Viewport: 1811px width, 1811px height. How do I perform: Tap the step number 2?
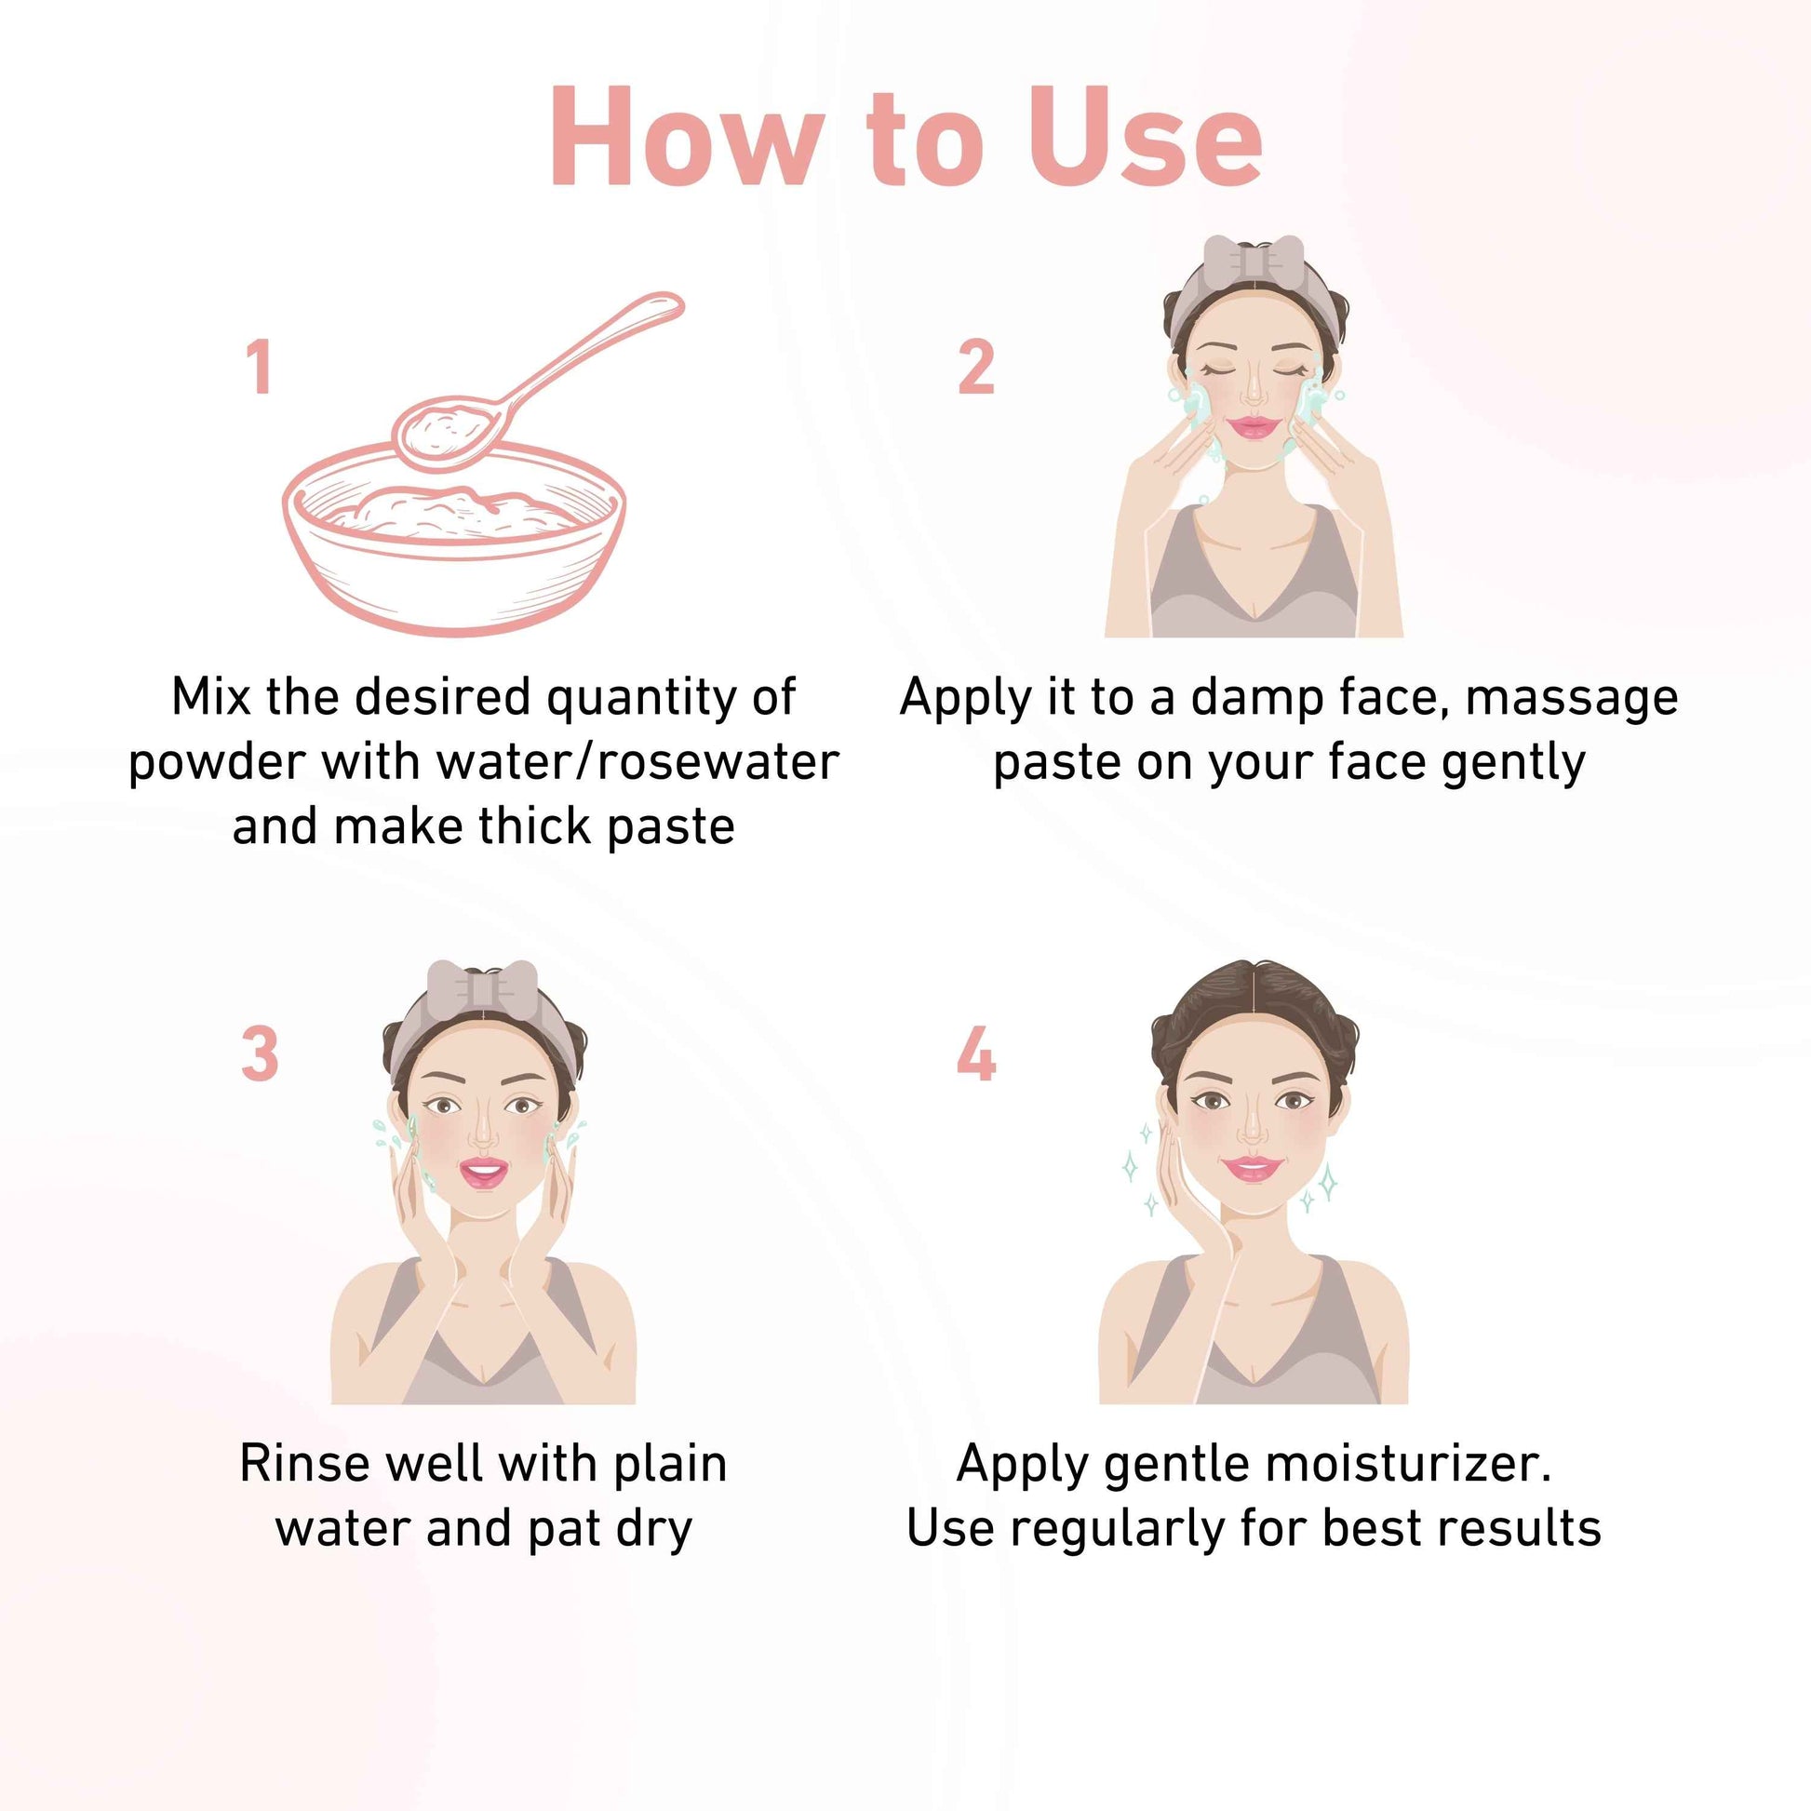(x=976, y=367)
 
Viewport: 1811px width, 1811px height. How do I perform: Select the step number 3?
(x=260, y=1053)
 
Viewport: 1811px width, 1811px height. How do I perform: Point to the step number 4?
(x=976, y=1053)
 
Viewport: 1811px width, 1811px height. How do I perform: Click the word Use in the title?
(x=1145, y=138)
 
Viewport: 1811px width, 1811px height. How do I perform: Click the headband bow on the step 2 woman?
(x=1254, y=260)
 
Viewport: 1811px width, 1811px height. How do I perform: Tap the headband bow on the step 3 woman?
(x=482, y=986)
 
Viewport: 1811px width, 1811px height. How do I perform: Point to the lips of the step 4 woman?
(x=1252, y=1169)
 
